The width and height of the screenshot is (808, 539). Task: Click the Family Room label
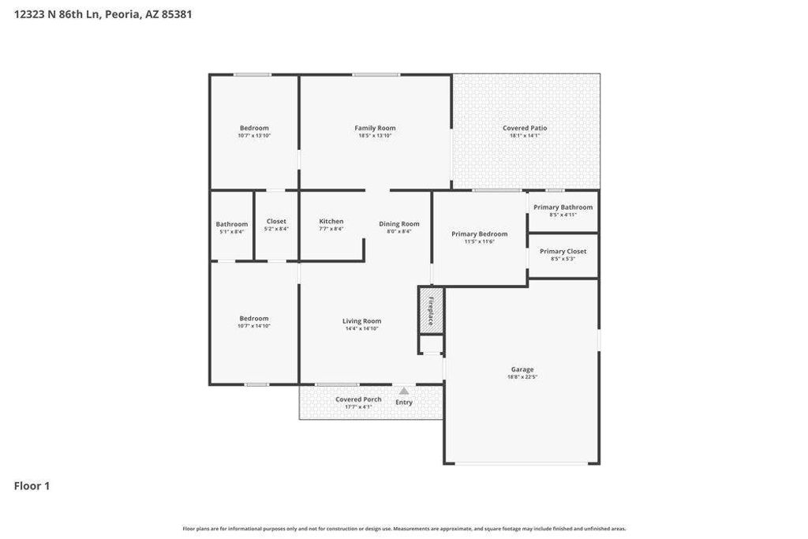(375, 128)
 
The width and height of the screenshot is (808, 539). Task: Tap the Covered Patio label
(525, 128)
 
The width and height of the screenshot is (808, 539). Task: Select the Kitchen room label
(331, 222)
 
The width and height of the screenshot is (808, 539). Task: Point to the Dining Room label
(399, 223)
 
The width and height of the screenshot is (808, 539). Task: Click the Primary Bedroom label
(479, 234)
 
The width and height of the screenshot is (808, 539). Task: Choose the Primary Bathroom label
(563, 208)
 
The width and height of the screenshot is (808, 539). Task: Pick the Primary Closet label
(563, 251)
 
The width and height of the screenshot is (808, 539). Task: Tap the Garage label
(522, 369)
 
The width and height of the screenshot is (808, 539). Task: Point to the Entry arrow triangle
(404, 391)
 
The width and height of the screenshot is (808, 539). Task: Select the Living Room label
(361, 321)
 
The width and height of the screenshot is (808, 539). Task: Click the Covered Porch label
(358, 399)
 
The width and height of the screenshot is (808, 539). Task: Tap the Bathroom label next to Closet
(232, 224)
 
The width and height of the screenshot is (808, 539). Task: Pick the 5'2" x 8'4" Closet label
(276, 229)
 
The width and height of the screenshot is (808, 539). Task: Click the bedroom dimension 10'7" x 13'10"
(254, 136)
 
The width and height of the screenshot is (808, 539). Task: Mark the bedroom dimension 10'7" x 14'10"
(254, 326)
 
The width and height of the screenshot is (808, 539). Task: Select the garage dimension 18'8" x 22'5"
(522, 377)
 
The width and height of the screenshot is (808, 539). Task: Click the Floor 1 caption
(32, 486)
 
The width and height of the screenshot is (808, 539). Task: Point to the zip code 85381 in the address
(177, 14)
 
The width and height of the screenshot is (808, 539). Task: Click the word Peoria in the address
(122, 14)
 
